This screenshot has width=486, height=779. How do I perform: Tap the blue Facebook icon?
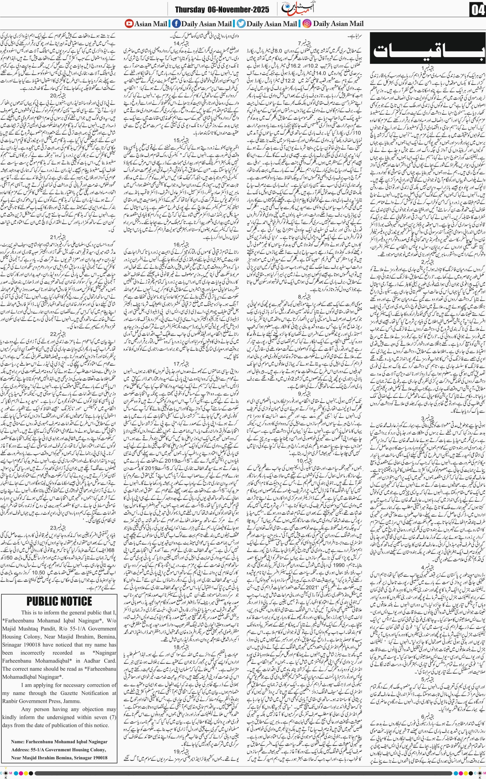[176, 24]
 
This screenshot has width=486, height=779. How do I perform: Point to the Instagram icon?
[307, 24]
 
